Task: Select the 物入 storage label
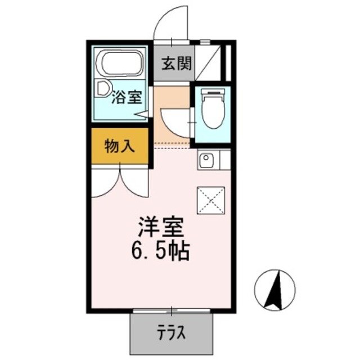pos(120,147)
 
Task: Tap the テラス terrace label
pos(171,334)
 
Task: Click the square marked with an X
pos(211,200)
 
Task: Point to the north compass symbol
pos(274,290)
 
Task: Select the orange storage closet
pos(119,147)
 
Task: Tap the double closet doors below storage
pos(119,181)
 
